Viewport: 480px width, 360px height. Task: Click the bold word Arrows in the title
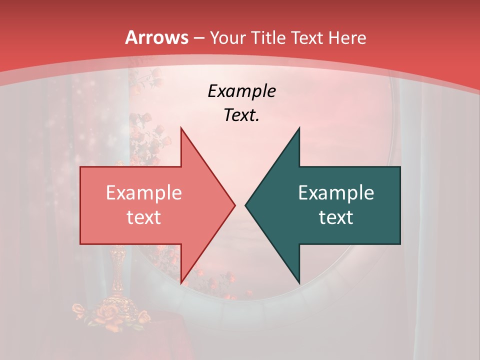coord(157,37)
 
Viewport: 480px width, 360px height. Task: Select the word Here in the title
coord(348,37)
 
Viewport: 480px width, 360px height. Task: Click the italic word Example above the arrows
coord(241,91)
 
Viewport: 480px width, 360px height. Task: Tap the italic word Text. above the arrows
coord(241,115)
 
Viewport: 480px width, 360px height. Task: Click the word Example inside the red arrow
coord(143,192)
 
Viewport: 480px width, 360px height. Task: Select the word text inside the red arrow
coord(143,217)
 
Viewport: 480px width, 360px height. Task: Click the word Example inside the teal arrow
coord(336,192)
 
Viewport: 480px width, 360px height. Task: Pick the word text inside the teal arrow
coord(336,217)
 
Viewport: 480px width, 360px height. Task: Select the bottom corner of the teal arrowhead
coord(299,283)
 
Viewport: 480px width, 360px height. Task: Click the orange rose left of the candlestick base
coord(79,310)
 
